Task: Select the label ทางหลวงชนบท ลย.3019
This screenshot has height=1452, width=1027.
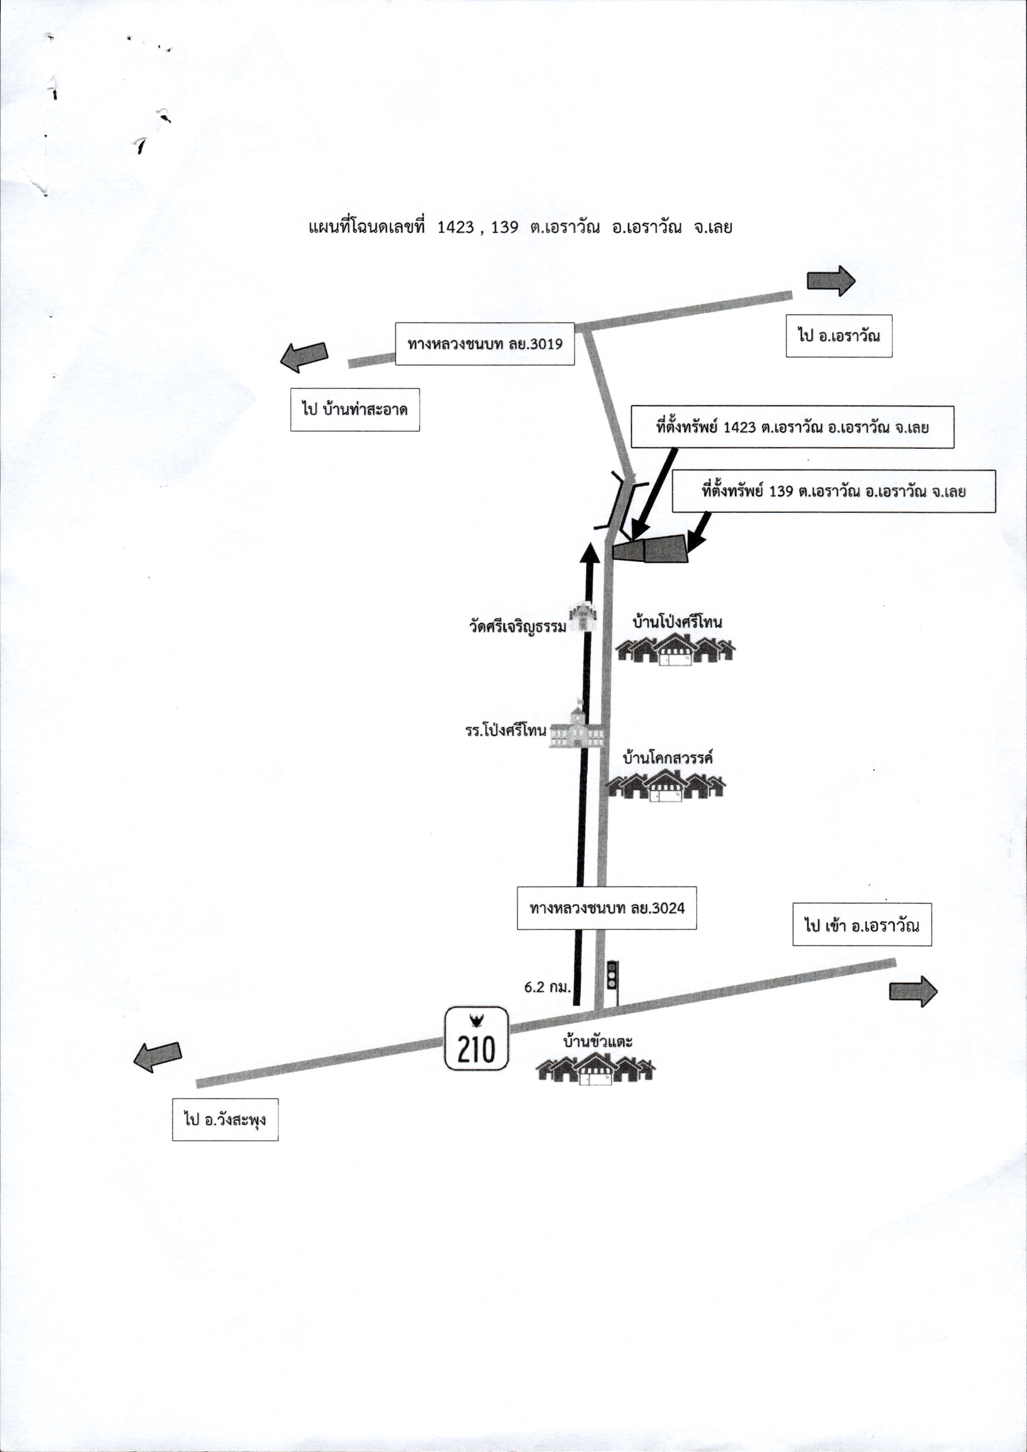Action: click(x=485, y=344)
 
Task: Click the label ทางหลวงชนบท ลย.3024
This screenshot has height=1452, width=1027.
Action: click(x=606, y=908)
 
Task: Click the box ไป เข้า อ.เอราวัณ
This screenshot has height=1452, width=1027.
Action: click(x=862, y=925)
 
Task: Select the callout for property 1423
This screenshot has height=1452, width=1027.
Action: click(x=793, y=427)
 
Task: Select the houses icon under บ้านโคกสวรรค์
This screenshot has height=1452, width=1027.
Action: click(x=667, y=786)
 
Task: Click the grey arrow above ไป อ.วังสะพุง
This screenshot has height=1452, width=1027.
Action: click(x=158, y=1057)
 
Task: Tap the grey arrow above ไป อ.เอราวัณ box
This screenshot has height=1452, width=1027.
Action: click(x=831, y=280)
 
